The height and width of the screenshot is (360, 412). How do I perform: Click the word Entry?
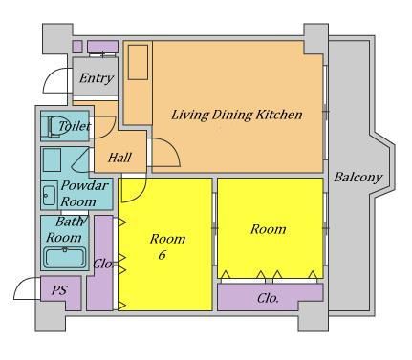[x=97, y=78]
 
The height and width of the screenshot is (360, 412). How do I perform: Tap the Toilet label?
[x=75, y=126]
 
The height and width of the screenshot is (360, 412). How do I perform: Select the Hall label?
[x=119, y=158]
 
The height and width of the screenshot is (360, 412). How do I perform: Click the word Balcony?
[x=358, y=177]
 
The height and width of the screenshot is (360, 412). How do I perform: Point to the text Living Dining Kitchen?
[x=237, y=115]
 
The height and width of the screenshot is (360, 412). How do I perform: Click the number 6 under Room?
[x=163, y=255]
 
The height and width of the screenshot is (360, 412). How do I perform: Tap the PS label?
[x=60, y=290]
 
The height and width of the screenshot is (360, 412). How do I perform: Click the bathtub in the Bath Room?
[x=65, y=258]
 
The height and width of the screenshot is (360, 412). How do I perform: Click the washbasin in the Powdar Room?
[x=49, y=195]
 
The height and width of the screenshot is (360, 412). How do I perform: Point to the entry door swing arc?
[x=57, y=80]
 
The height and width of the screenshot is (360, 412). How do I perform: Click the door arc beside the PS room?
[x=28, y=288]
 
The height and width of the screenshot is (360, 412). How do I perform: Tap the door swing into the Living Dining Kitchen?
[x=165, y=153]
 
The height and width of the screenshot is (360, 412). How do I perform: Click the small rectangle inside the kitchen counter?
[x=138, y=62]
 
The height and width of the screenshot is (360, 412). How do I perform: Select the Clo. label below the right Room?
[x=268, y=298]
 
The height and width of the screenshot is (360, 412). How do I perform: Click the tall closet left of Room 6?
[x=99, y=263]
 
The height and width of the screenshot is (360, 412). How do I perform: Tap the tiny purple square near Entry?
[x=77, y=46]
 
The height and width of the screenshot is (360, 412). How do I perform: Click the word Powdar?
[x=84, y=185]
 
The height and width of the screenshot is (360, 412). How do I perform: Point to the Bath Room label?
[x=64, y=229]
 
